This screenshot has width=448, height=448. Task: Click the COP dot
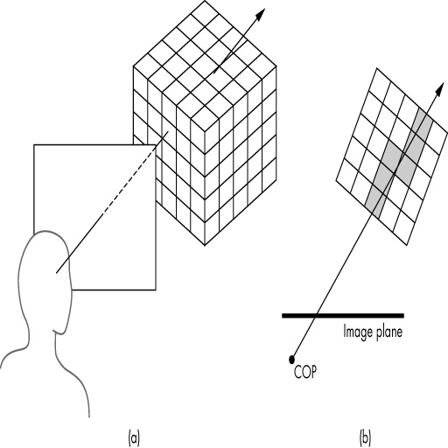[x=291, y=360]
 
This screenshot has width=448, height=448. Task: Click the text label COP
[x=305, y=372]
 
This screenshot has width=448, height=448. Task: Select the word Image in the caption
[x=358, y=332]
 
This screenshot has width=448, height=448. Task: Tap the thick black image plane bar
[x=343, y=316]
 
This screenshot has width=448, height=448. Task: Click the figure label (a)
[x=134, y=437]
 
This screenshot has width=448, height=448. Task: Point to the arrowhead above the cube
[x=260, y=14]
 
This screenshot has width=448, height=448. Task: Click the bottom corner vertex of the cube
[x=205, y=245]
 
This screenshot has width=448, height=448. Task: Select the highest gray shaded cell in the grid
[x=422, y=120]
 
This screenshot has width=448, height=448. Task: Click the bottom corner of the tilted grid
[x=407, y=245]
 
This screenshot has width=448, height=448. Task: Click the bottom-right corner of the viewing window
[x=156, y=290]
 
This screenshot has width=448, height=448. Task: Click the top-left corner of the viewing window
[x=34, y=145]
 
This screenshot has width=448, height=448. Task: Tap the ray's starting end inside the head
[x=56, y=273]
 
